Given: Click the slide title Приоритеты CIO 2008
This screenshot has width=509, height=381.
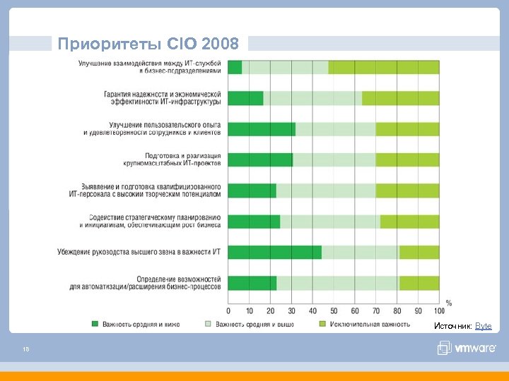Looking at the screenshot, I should coord(152,44).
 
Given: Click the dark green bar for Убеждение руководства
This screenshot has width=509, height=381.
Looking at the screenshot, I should coord(274,253).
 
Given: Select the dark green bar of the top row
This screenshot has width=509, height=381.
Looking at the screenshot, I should coord(235,67).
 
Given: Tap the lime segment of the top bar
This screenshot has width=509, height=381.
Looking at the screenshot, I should coord(383,67).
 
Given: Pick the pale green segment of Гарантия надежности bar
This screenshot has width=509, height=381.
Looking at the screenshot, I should coord(312,98).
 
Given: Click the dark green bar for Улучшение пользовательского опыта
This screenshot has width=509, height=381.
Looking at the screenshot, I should coord(262,129).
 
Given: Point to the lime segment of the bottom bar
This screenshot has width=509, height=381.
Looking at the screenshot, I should coord(419,284).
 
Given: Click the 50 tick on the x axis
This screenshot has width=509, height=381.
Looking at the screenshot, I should coord(334,311).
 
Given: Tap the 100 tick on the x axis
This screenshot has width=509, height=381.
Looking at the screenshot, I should coord(438,311).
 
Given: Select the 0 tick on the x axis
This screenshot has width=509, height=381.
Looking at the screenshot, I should coord(228,311).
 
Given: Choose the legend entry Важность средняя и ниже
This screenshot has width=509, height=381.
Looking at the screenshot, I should coord(141,325).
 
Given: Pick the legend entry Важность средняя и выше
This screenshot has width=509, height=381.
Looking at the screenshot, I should coord(255,325).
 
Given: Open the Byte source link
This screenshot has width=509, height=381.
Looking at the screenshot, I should coord(483,326).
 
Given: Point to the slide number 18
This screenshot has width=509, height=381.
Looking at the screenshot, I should coord(25,348).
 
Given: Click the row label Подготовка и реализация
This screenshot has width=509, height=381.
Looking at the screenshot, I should coord(182,159).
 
